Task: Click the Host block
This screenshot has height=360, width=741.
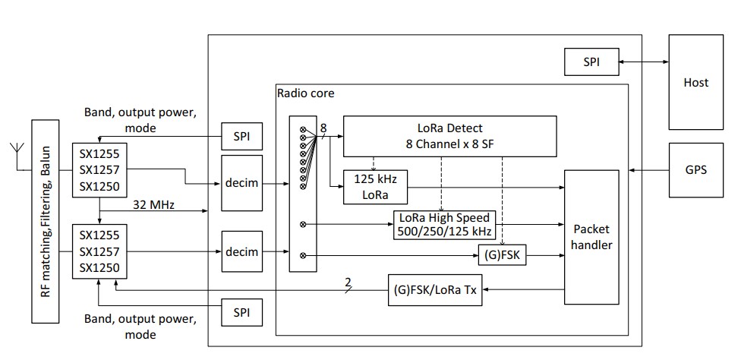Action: click(695, 82)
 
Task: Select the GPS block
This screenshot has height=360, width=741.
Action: click(695, 170)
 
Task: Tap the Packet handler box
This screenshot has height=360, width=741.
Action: click(591, 238)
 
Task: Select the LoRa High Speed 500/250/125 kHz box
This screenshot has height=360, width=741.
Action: click(442, 224)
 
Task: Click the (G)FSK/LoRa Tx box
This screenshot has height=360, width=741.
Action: click(436, 289)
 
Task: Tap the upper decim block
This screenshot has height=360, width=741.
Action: click(242, 184)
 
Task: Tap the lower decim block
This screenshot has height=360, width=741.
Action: click(242, 251)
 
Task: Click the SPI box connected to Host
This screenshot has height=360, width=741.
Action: click(591, 62)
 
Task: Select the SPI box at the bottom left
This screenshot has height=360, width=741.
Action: click(242, 312)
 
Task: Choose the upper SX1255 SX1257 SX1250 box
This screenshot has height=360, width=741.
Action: click(100, 170)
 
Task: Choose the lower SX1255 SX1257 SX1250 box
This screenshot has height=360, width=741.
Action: click(100, 250)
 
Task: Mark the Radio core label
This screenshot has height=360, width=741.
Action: click(306, 94)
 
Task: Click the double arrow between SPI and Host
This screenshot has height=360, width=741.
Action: click(643, 62)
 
